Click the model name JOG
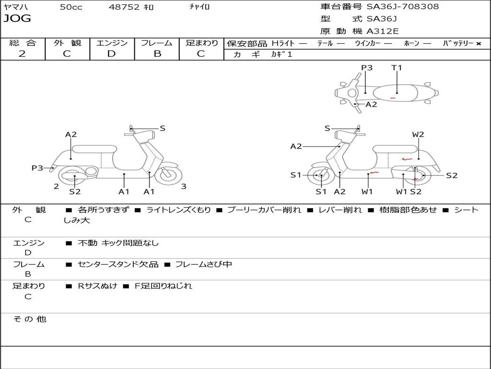pyautogui.click(x=17, y=19)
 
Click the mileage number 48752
pyautogui.click(x=124, y=7)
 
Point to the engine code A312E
pyautogui.click(x=383, y=32)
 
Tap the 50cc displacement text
pyautogui.click(x=71, y=7)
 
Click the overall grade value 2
pyautogui.click(x=22, y=54)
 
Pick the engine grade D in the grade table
pyautogui.click(x=111, y=54)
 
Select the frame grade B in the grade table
pyautogui.click(x=157, y=54)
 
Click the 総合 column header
pyautogui.click(x=23, y=43)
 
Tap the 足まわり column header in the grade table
pyautogui.click(x=202, y=43)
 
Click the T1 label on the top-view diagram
pyautogui.click(x=397, y=68)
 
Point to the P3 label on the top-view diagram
pyautogui.click(x=367, y=68)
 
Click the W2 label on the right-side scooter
pyautogui.click(x=418, y=135)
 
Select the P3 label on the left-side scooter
pyautogui.click(x=37, y=168)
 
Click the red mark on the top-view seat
pyautogui.click(x=393, y=98)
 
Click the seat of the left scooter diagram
pyautogui.click(x=94, y=149)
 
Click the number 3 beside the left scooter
pyautogui.click(x=184, y=186)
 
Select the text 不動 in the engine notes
pyautogui.click(x=87, y=243)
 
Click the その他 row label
pyautogui.click(x=30, y=319)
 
